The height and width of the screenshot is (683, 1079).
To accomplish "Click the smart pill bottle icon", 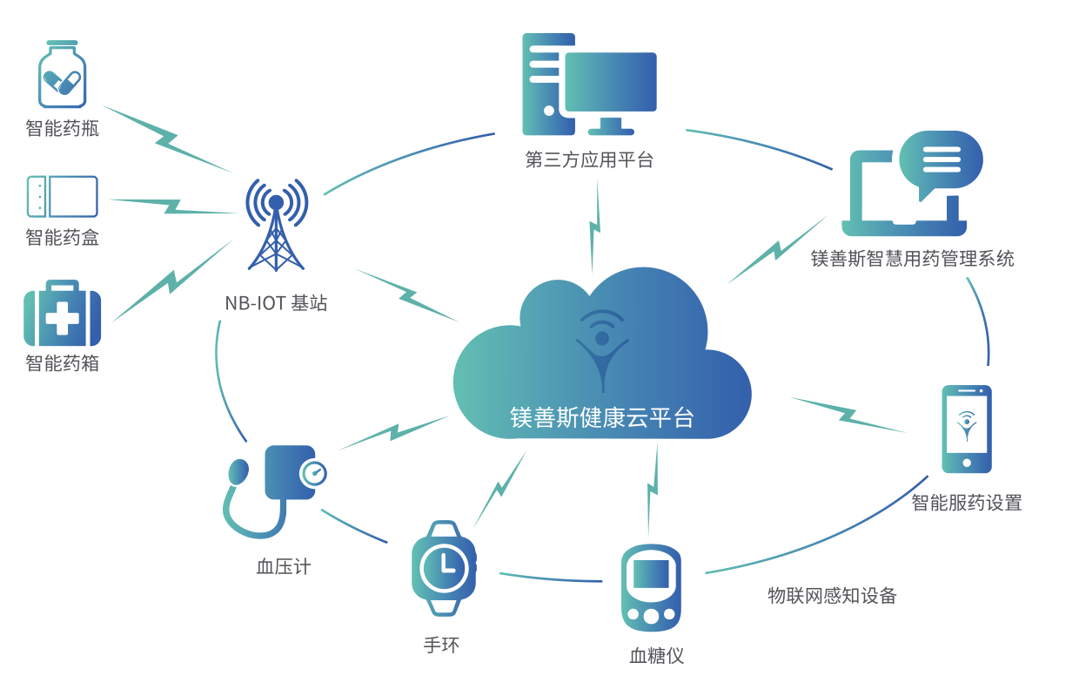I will click(x=62, y=76).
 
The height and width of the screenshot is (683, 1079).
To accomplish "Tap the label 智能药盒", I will click(x=63, y=237).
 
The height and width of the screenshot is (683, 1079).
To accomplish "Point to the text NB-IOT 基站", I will click(x=276, y=303).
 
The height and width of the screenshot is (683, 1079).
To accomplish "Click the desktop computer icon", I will click(x=589, y=85).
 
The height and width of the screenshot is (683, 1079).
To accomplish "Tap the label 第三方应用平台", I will click(x=589, y=160).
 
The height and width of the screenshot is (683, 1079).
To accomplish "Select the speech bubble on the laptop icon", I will click(x=941, y=162).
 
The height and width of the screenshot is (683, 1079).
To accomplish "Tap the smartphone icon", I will click(x=967, y=429).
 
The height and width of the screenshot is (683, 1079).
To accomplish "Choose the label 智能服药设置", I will click(x=967, y=503).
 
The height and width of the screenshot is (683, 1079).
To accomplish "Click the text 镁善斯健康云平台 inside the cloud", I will click(x=602, y=417).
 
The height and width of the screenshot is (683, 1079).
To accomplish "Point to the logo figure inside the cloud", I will click(x=602, y=348).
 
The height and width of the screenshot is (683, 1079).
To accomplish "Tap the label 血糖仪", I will click(x=657, y=655).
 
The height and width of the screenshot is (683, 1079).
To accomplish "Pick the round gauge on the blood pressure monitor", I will click(x=313, y=474).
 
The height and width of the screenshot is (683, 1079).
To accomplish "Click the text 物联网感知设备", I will click(x=832, y=596).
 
